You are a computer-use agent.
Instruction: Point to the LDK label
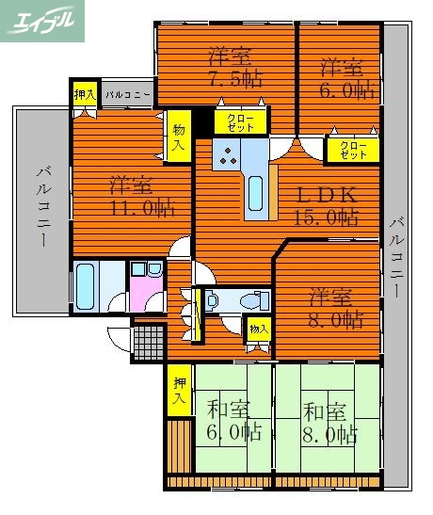click(327, 195)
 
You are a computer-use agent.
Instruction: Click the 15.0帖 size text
click(328, 217)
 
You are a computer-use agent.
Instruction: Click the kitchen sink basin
click(256, 193)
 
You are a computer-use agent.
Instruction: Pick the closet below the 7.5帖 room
click(231, 121)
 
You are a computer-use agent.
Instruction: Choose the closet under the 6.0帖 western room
click(353, 149)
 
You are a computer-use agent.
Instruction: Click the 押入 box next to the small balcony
click(84, 94)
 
